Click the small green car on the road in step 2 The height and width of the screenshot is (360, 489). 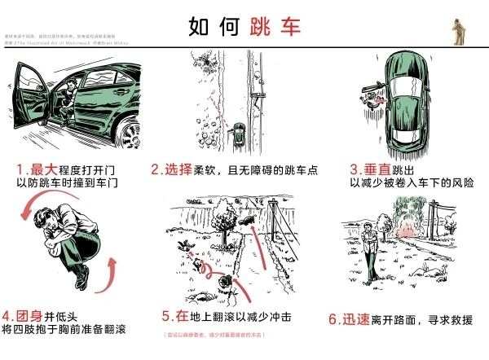tap(240, 130)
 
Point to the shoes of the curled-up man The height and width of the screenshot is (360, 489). tap(79, 281)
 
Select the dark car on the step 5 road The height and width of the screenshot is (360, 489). tap(247, 220)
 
